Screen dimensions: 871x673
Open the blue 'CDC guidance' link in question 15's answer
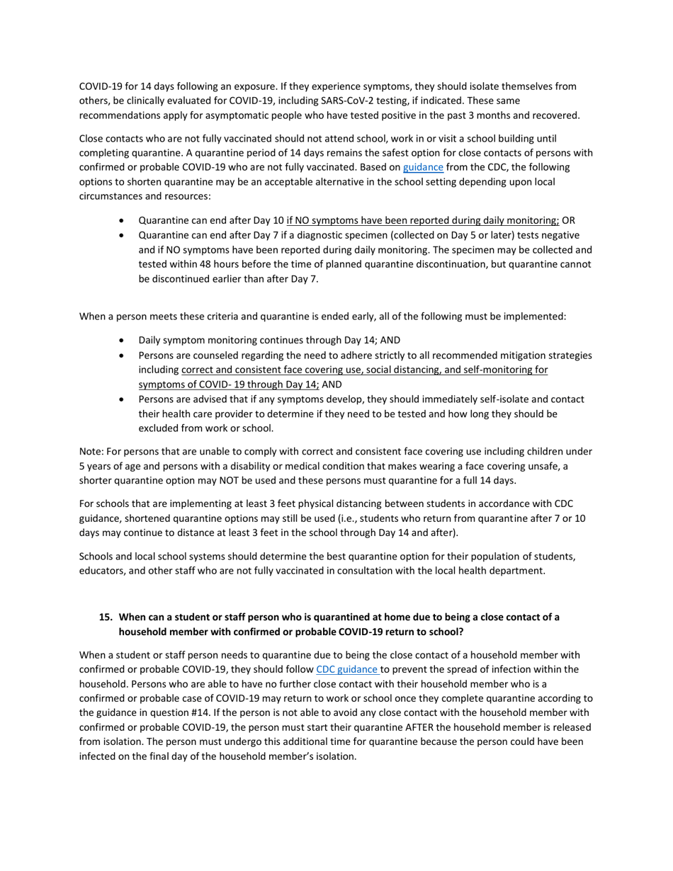click(347, 669)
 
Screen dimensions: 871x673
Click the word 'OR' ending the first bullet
click(568, 220)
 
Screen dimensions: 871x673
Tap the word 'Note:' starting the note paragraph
click(91, 451)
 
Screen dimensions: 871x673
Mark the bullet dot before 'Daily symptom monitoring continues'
click(124, 340)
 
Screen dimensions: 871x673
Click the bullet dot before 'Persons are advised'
click(124, 399)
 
